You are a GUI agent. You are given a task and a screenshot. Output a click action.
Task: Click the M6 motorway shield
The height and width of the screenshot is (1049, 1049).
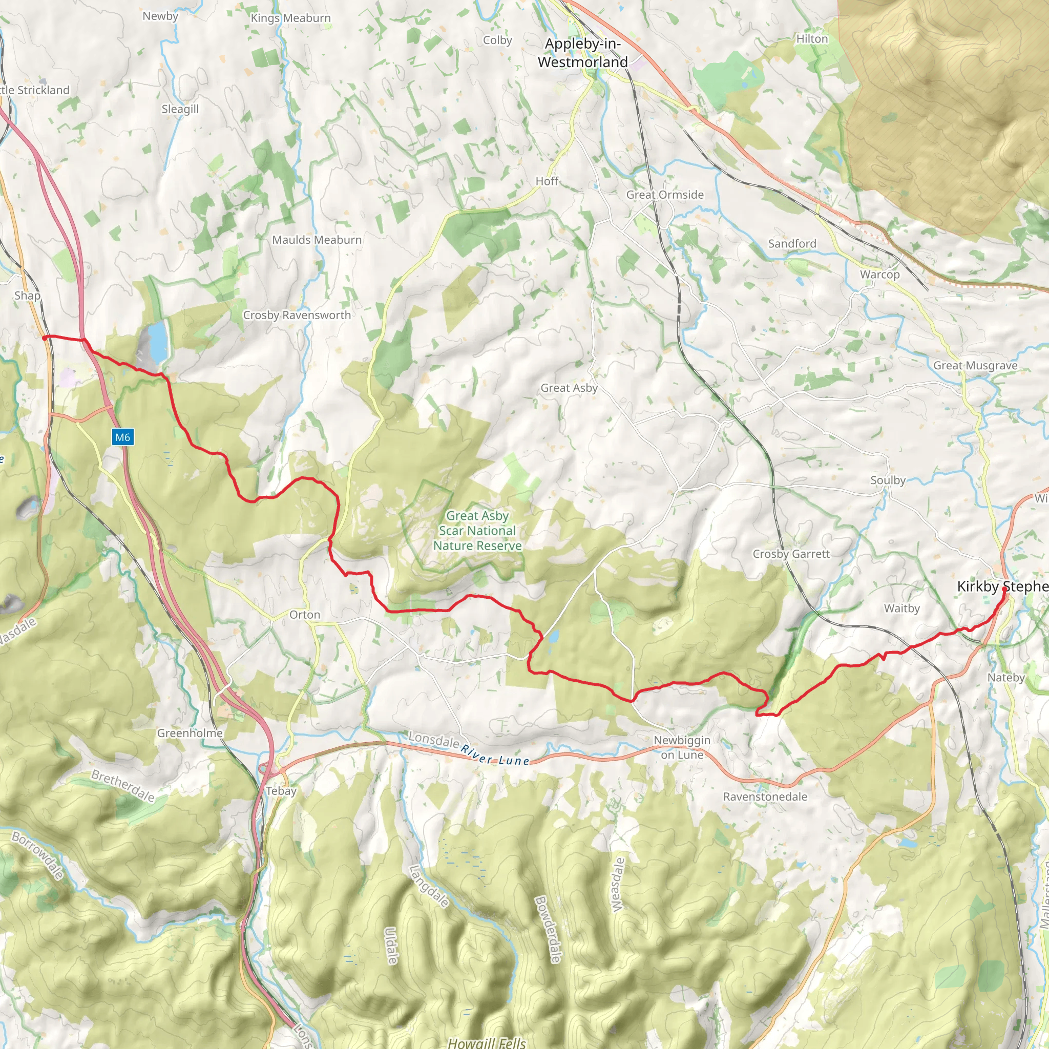click(x=122, y=437)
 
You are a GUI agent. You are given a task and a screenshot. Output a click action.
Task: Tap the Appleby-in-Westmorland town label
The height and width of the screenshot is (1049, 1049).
click(x=582, y=53)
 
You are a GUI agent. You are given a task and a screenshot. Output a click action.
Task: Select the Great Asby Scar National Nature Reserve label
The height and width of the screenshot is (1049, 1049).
click(x=477, y=531)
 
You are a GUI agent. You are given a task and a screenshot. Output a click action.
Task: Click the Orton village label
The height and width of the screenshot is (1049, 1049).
click(x=305, y=615)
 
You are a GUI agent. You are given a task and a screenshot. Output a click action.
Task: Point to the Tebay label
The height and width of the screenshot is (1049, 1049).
click(x=281, y=790)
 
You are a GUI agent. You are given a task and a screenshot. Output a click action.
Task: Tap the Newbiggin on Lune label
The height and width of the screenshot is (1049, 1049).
click(x=682, y=747)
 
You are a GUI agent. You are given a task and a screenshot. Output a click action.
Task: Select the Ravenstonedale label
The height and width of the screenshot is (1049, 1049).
click(x=765, y=796)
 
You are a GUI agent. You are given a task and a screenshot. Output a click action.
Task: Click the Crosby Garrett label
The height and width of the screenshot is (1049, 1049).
click(x=791, y=554)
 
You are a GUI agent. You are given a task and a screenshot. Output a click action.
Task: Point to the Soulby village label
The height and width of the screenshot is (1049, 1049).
click(x=888, y=480)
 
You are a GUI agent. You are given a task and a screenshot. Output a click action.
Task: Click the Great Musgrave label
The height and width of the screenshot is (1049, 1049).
click(x=975, y=365)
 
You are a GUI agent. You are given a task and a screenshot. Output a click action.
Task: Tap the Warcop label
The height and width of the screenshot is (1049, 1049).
click(x=879, y=274)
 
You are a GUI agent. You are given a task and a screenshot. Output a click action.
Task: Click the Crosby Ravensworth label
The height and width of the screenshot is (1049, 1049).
click(x=297, y=315)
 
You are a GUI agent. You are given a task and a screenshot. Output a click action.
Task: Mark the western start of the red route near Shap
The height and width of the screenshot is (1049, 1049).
click(x=45, y=337)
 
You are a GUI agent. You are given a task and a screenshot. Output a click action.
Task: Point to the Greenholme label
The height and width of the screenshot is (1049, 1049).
click(x=190, y=733)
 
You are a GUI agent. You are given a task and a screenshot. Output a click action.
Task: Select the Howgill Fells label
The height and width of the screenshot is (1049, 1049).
click(x=487, y=1042)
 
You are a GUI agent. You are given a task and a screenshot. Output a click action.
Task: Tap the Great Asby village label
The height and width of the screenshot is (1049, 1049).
click(x=569, y=388)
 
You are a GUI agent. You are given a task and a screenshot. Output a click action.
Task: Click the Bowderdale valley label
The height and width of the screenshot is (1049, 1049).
click(x=548, y=929)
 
